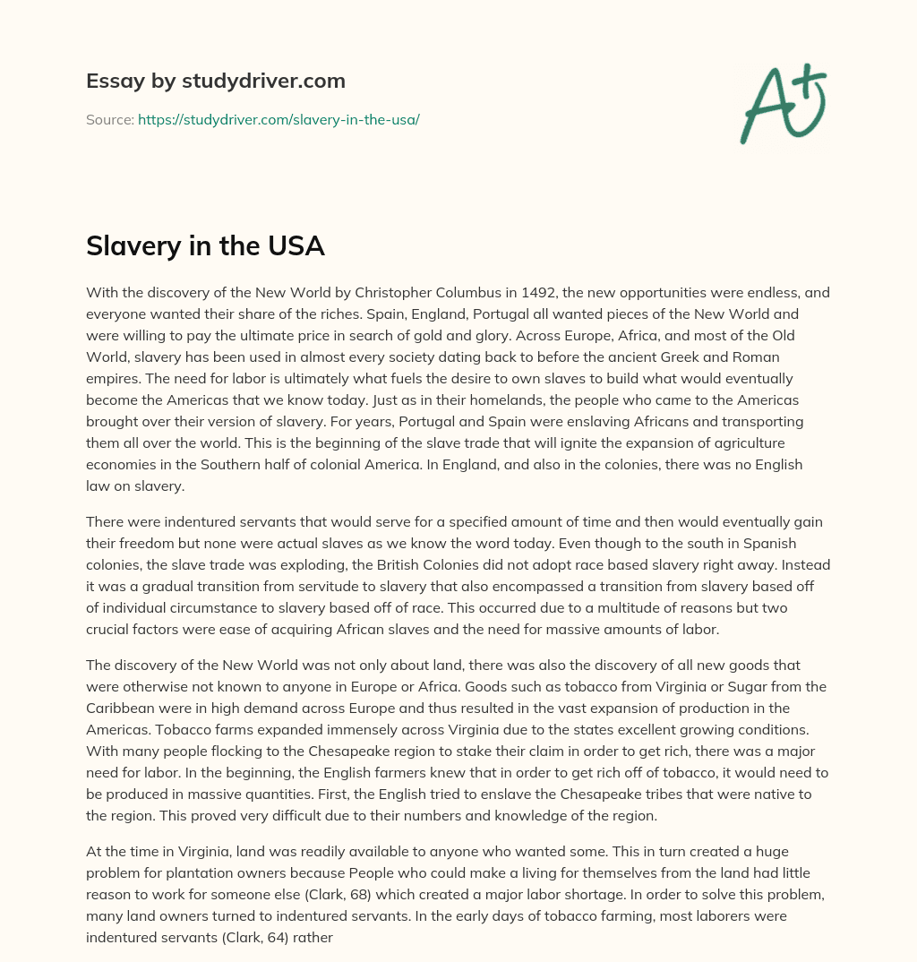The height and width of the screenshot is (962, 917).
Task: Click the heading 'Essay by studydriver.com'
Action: tap(215, 81)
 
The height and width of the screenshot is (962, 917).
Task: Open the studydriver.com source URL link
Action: tap(279, 119)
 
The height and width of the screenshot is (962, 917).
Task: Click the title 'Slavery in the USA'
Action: tap(205, 245)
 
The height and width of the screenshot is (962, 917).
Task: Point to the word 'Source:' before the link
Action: tap(110, 119)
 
